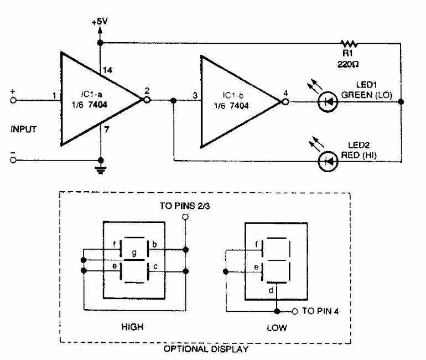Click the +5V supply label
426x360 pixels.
[x=100, y=23]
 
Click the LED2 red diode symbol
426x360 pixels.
[x=329, y=162]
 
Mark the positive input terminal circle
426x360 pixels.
[x=13, y=101]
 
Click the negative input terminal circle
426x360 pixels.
[x=13, y=161]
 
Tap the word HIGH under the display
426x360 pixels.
[x=132, y=327]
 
